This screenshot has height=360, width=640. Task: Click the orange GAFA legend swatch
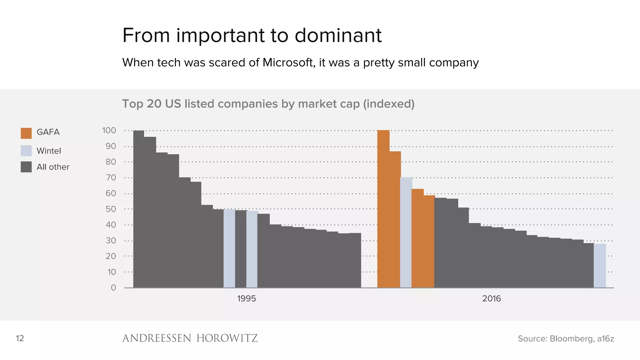point(26,133)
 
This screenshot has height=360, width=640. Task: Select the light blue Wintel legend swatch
point(26,151)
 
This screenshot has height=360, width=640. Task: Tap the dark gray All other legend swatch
point(26,167)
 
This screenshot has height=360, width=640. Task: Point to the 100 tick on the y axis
point(109,131)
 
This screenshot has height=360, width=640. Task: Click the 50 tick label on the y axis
point(111,209)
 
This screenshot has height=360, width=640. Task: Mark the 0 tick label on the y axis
point(113,288)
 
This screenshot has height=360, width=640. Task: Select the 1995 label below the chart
point(246,299)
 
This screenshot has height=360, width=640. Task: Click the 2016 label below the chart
point(491,299)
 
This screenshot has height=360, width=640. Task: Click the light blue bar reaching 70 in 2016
point(406,232)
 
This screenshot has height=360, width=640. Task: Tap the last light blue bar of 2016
point(599,266)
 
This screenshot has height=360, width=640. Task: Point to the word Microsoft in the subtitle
point(288,62)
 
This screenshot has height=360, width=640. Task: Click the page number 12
point(20,338)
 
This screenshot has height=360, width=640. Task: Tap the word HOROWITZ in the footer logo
point(227,338)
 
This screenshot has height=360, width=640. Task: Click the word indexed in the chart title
point(389,104)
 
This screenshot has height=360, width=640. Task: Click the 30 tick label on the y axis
point(111,241)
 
